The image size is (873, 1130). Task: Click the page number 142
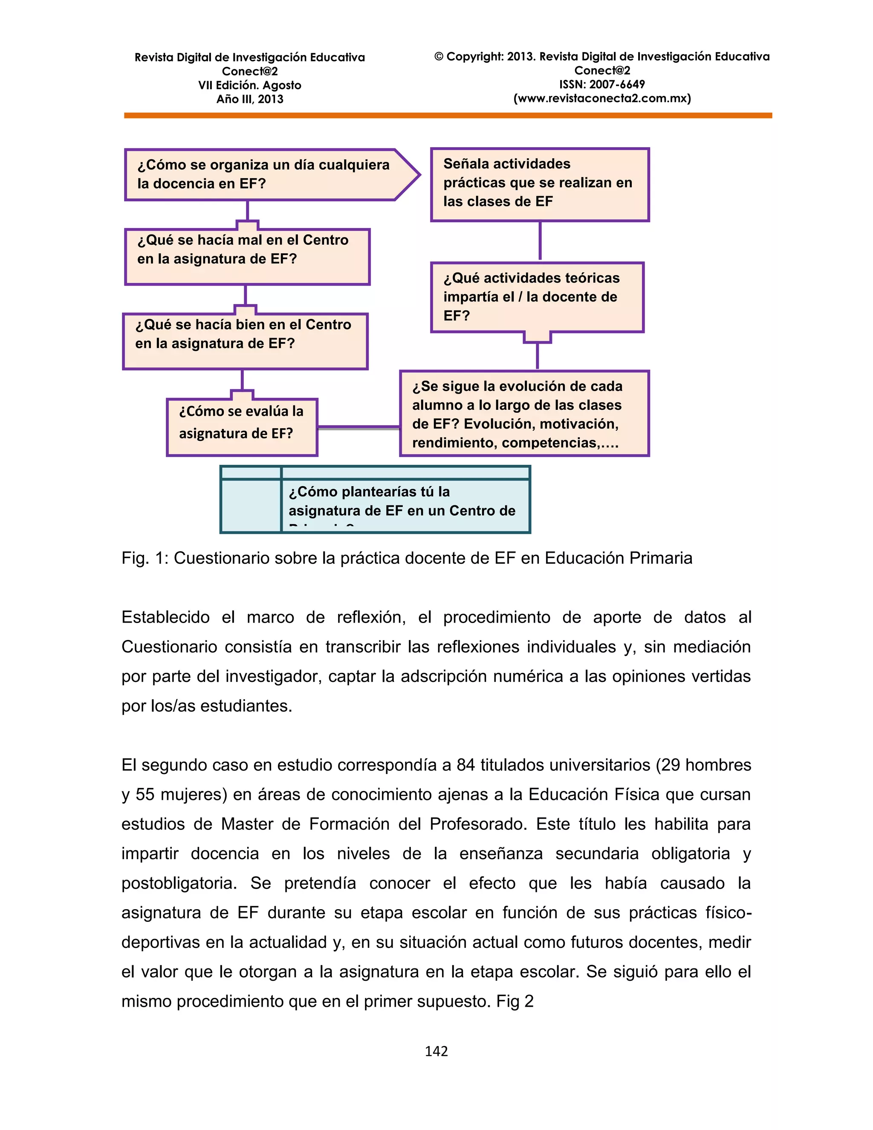point(436,1051)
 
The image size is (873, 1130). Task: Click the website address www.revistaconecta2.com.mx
point(602,99)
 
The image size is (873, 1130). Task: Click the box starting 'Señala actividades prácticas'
point(539,184)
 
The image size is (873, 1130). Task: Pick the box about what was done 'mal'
point(247,257)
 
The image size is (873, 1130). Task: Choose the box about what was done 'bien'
point(245,341)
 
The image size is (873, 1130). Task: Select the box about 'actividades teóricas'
point(536,297)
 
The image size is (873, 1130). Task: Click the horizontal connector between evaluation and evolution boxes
point(358,428)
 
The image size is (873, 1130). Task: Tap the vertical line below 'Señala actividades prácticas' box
point(540,240)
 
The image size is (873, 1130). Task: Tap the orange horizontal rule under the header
point(448,116)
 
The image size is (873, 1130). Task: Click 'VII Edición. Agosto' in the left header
point(249,85)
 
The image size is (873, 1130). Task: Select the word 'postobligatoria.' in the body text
point(179,883)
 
